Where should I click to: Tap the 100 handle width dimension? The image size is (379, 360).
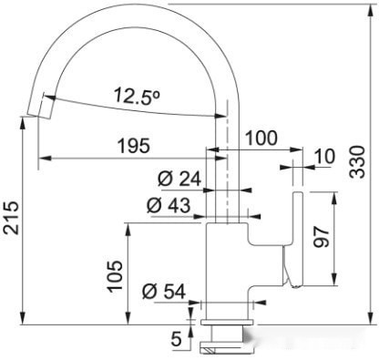[x=261, y=139]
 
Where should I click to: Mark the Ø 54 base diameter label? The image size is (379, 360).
[x=165, y=292]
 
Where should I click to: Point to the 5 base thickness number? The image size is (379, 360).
[x=176, y=337]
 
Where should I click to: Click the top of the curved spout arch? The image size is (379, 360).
[x=137, y=13]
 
